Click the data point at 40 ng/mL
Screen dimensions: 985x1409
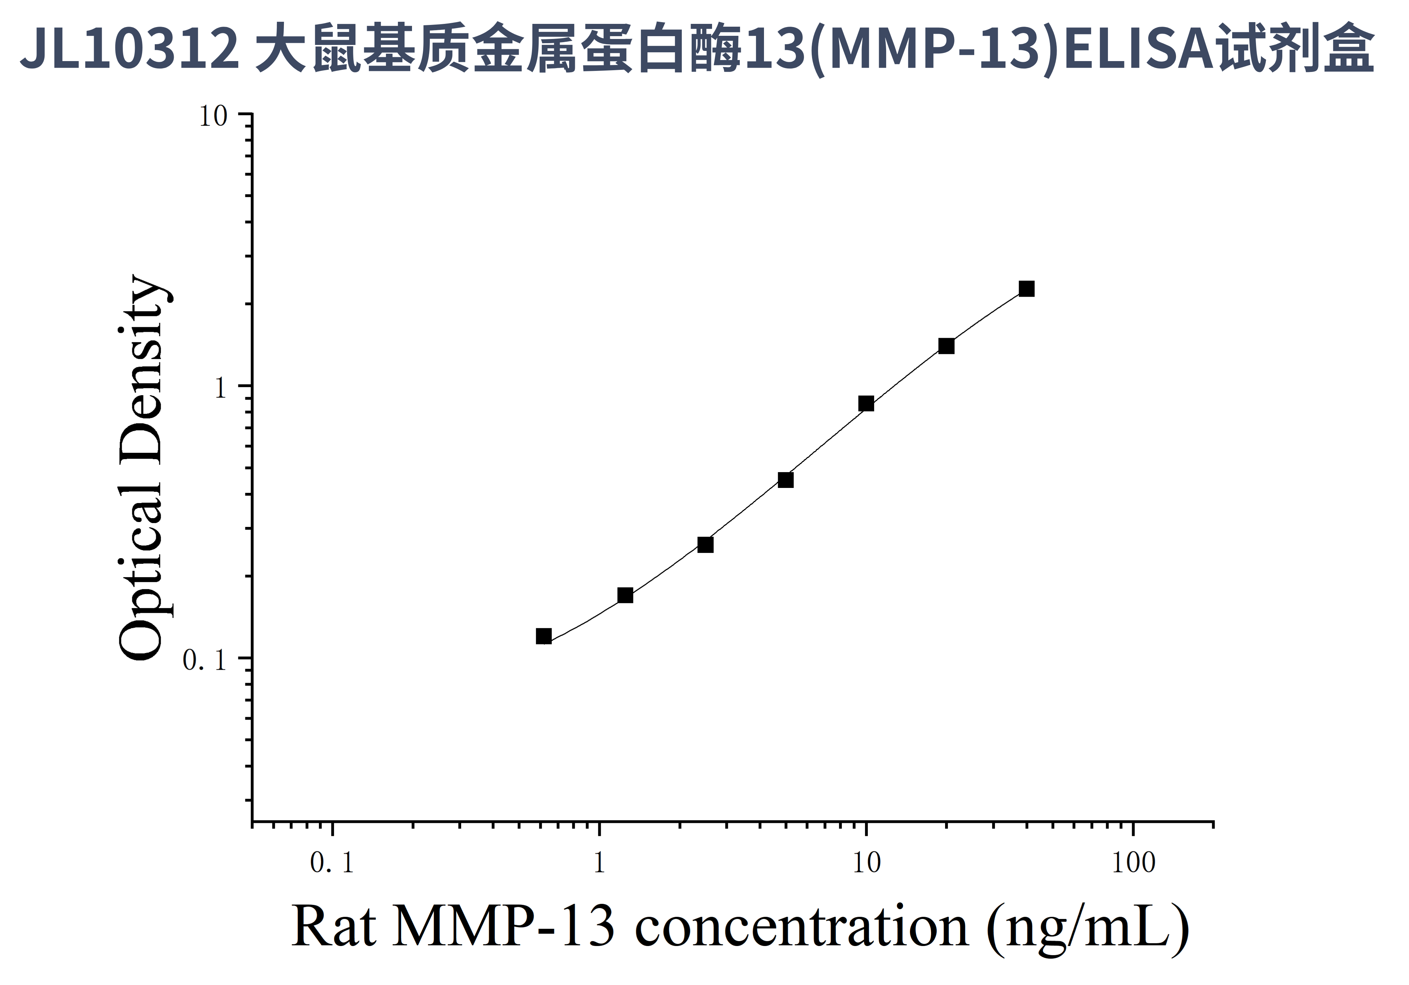point(1026,289)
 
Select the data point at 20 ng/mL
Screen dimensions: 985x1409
point(946,346)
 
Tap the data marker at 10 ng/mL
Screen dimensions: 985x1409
point(866,404)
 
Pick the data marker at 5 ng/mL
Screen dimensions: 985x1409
point(785,480)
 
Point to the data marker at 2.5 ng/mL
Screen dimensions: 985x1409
point(706,545)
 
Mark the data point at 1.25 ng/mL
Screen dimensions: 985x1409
point(625,595)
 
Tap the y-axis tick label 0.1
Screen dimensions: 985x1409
point(205,660)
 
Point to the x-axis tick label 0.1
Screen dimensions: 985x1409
point(332,864)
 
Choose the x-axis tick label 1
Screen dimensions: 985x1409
point(599,864)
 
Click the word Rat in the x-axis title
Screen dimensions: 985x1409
point(333,928)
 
